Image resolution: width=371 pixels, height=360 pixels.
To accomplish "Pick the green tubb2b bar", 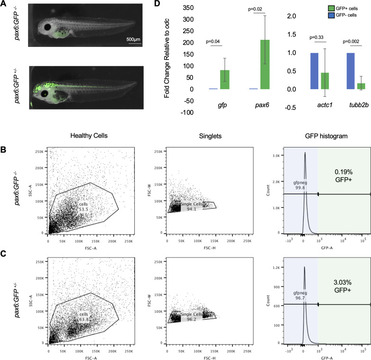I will (x=348, y=86).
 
